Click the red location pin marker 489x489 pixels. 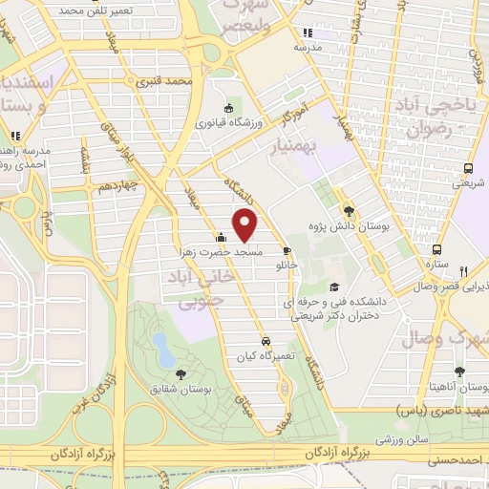[246, 224]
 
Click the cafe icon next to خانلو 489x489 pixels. [287, 251]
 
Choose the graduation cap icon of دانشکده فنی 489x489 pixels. [333, 287]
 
